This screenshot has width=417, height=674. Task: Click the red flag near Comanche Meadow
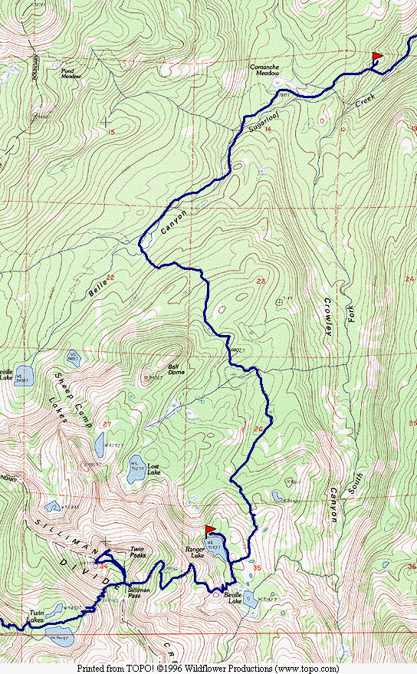376,58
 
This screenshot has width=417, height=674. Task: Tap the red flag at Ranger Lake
210,530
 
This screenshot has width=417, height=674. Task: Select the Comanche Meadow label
264,71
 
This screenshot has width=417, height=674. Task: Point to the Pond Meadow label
74,74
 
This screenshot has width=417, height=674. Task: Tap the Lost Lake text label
153,469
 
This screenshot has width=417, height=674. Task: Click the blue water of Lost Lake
134,474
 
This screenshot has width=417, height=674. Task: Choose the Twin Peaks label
137,551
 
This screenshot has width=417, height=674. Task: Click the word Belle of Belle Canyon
99,288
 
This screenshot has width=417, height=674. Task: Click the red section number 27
107,425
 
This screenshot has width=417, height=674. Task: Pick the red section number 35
257,568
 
